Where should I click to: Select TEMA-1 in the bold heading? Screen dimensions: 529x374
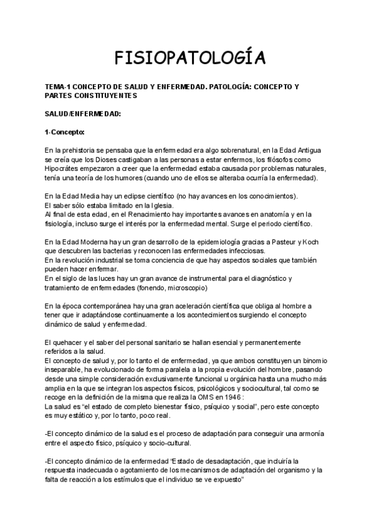click(59, 88)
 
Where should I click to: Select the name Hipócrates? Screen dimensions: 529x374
click(66, 168)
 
